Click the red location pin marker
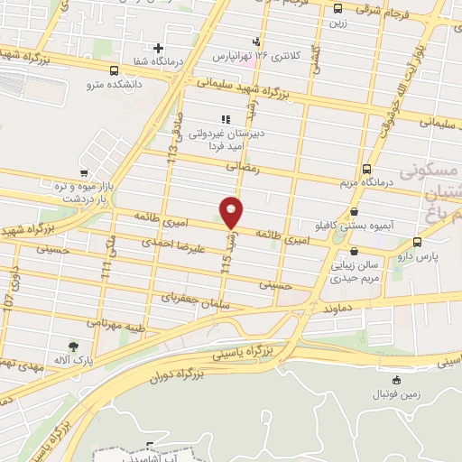click(x=232, y=213)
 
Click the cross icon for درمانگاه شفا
click(x=159, y=47)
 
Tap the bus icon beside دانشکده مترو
click(x=114, y=69)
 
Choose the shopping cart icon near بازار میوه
click(x=83, y=172)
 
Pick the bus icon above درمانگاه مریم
click(x=366, y=168)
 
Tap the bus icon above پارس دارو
click(x=416, y=242)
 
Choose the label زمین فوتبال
click(x=396, y=395)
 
